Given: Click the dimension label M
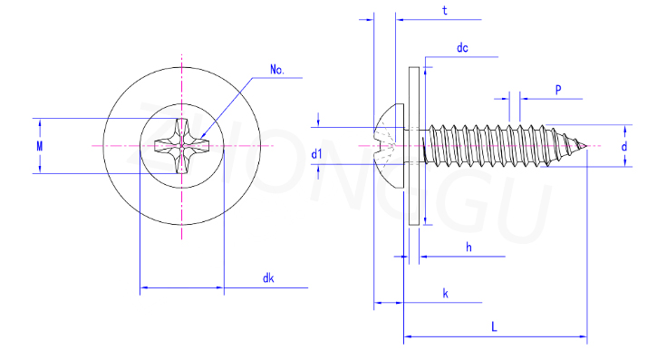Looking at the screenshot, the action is (40, 146).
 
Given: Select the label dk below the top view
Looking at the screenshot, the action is (268, 278).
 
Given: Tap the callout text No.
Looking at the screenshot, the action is (277, 69).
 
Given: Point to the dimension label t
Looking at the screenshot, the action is (444, 10).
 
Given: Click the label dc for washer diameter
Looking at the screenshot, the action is (462, 48).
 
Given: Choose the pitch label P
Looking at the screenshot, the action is (558, 90).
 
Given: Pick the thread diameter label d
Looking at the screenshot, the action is (624, 146).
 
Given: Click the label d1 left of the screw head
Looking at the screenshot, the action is (316, 154).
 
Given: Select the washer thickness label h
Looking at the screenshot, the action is (468, 247).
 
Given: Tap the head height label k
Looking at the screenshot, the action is (445, 293).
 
